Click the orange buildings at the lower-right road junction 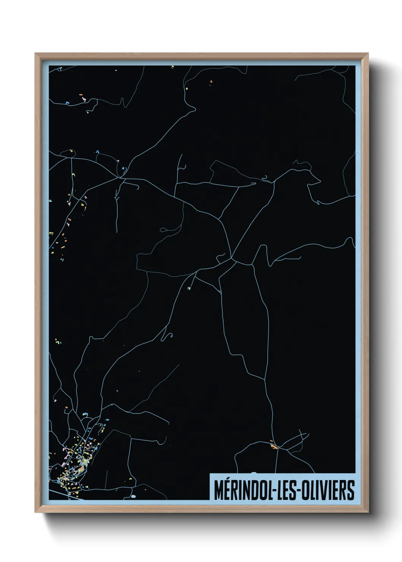pos(274,446)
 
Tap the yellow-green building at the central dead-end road pos(189,289)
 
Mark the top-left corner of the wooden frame pos(35,54)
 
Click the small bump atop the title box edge pos(254,473)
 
